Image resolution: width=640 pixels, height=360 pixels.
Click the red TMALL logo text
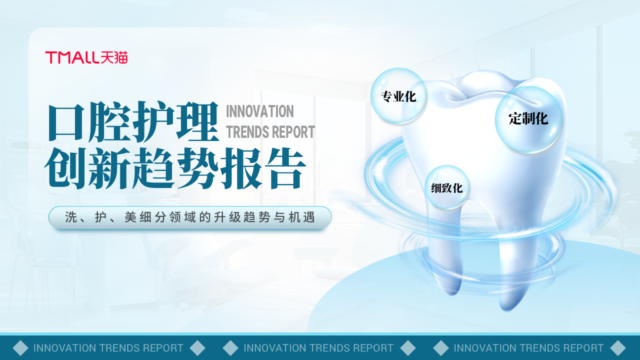tap(72, 57)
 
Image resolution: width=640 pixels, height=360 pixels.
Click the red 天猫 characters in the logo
tap(114, 57)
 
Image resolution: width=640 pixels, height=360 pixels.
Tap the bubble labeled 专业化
tap(398, 96)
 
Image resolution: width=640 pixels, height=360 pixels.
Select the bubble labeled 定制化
tap(528, 119)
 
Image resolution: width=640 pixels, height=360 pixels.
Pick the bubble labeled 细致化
tap(446, 187)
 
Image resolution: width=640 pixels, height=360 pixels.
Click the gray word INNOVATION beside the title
tap(259, 111)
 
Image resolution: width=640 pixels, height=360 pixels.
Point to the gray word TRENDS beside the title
tap(247, 132)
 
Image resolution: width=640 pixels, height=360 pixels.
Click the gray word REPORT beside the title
tap(293, 132)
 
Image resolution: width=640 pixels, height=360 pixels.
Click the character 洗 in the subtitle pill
tap(71, 217)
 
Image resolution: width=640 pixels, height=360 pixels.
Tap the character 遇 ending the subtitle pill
tap(309, 217)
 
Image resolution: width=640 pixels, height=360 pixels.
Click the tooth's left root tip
tap(452, 293)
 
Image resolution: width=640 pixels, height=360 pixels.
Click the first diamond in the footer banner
tap(20, 348)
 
